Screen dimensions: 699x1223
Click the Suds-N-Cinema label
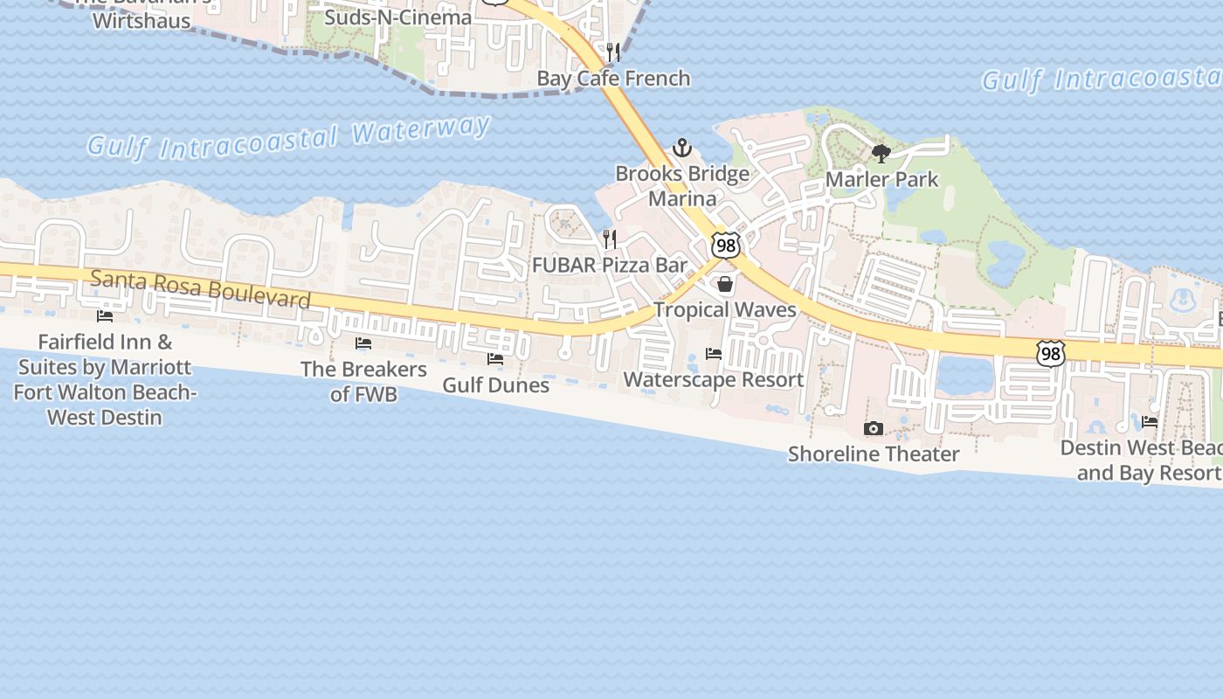click(397, 17)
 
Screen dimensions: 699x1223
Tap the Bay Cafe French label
click(613, 79)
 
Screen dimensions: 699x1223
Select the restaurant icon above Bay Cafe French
click(613, 52)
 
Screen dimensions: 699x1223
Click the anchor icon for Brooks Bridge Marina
click(681, 147)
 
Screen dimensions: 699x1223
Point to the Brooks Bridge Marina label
click(682, 186)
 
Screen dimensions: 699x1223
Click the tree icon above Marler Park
click(881, 154)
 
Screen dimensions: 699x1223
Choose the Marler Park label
click(882, 180)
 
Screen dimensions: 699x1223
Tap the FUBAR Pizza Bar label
click(610, 266)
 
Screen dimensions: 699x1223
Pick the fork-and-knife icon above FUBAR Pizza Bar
click(610, 239)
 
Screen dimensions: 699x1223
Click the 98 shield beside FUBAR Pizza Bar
click(725, 246)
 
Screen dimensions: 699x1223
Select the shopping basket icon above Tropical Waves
click(725, 284)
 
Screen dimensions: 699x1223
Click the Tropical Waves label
click(725, 310)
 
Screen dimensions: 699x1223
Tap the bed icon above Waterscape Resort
click(714, 354)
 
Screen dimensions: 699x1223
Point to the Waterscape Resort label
click(714, 380)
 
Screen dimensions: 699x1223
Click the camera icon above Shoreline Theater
click(873, 428)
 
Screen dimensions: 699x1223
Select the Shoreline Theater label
click(874, 454)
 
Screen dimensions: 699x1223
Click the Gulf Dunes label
click(495, 385)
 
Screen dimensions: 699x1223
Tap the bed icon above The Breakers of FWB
click(363, 343)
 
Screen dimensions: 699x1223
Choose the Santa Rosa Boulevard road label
click(200, 289)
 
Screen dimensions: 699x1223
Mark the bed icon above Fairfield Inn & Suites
click(105, 315)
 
